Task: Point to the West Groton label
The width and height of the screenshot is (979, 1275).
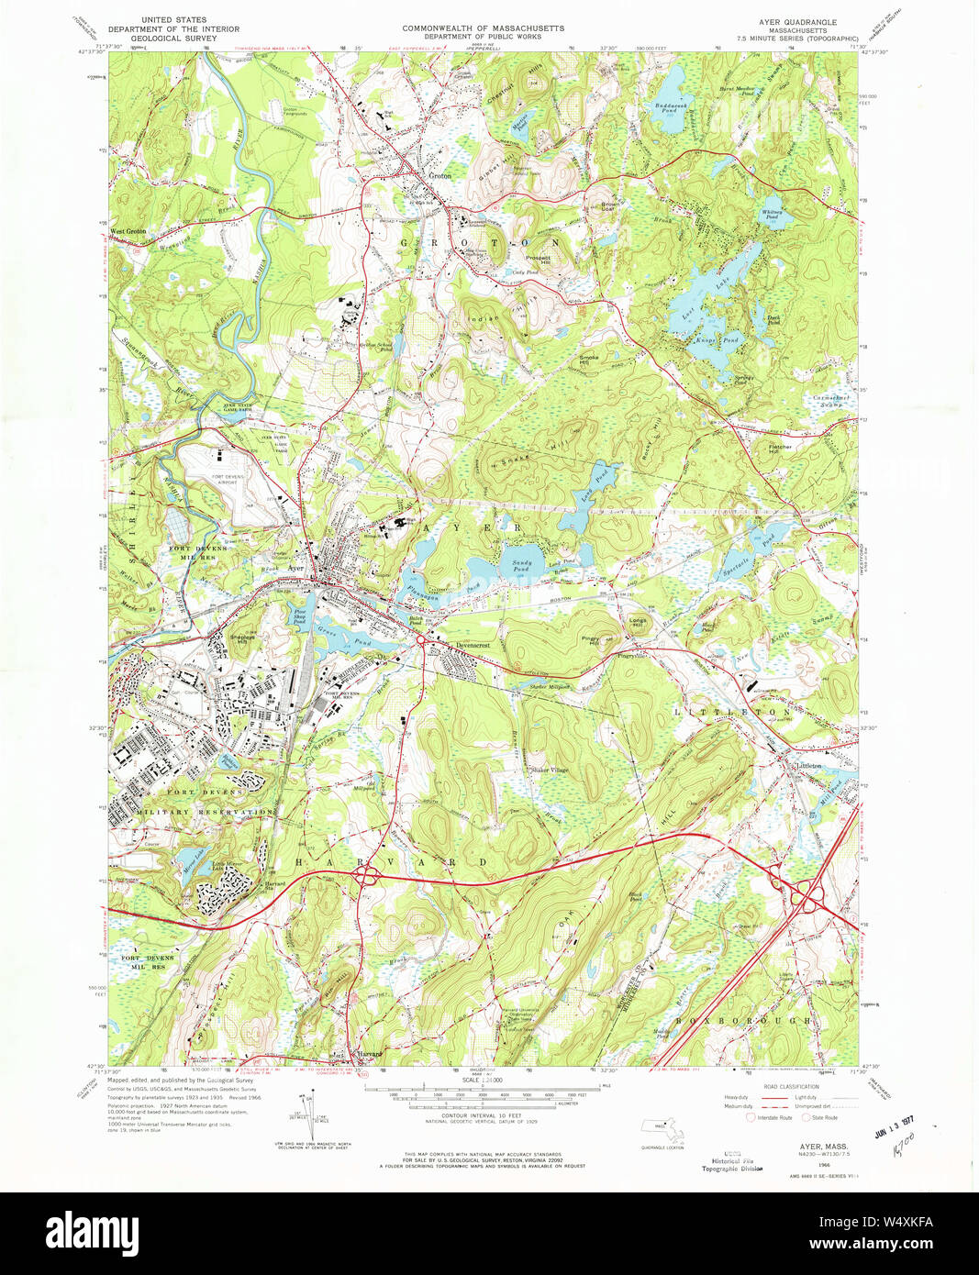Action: tap(128, 231)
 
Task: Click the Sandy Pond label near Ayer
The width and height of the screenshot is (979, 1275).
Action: tap(521, 567)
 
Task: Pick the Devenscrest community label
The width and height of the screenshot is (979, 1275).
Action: tap(473, 646)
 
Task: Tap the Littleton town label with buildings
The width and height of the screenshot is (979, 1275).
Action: tap(808, 765)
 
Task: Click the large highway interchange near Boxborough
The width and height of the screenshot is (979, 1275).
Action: tap(807, 893)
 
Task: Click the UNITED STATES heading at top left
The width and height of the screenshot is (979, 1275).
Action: tap(173, 19)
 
